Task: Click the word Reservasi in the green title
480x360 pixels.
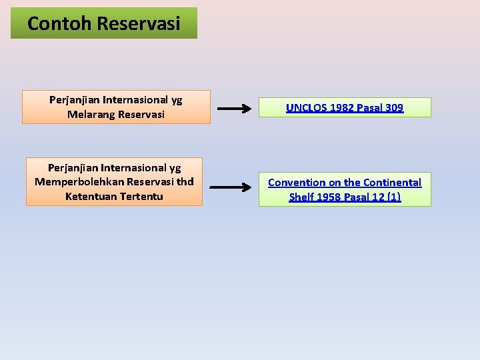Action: click(x=139, y=24)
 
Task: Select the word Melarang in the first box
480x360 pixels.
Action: click(x=90, y=115)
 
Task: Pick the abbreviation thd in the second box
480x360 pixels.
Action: click(x=186, y=182)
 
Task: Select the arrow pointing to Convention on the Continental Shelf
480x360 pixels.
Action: click(x=234, y=188)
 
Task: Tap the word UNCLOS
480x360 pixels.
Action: click(x=305, y=108)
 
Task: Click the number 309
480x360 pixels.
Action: click(x=393, y=108)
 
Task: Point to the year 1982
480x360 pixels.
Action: click(x=339, y=108)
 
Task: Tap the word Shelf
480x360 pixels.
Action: click(x=303, y=197)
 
